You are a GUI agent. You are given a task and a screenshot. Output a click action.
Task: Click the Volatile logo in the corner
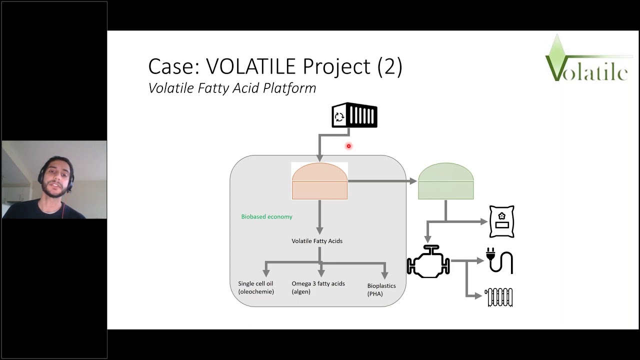[586, 59]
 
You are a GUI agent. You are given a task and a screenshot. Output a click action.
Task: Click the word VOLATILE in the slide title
[245, 66]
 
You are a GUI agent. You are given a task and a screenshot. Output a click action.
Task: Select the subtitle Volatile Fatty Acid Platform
[232, 88]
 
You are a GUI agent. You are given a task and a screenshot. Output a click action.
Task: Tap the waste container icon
[354, 115]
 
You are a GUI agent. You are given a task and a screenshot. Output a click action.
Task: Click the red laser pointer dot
[348, 146]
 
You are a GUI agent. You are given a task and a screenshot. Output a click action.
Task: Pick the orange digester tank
[319, 181]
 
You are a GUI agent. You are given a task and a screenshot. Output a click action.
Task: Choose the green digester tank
[445, 181]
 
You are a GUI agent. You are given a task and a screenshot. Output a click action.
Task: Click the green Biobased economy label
[266, 216]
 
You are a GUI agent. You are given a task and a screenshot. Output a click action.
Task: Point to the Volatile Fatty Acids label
[317, 241]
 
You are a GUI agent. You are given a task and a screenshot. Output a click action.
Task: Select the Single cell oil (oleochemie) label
[256, 287]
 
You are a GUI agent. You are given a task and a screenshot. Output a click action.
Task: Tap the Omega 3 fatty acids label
[318, 287]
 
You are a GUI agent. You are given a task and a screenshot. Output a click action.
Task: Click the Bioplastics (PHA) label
[381, 289]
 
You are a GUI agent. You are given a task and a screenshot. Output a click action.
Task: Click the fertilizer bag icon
[501, 221]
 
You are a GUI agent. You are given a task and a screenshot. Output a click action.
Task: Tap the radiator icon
[499, 297]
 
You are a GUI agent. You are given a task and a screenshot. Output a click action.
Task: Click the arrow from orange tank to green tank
[382, 181]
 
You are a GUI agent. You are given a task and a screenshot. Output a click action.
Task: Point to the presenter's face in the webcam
[53, 177]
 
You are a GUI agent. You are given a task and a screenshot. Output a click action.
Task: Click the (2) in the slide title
[389, 66]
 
